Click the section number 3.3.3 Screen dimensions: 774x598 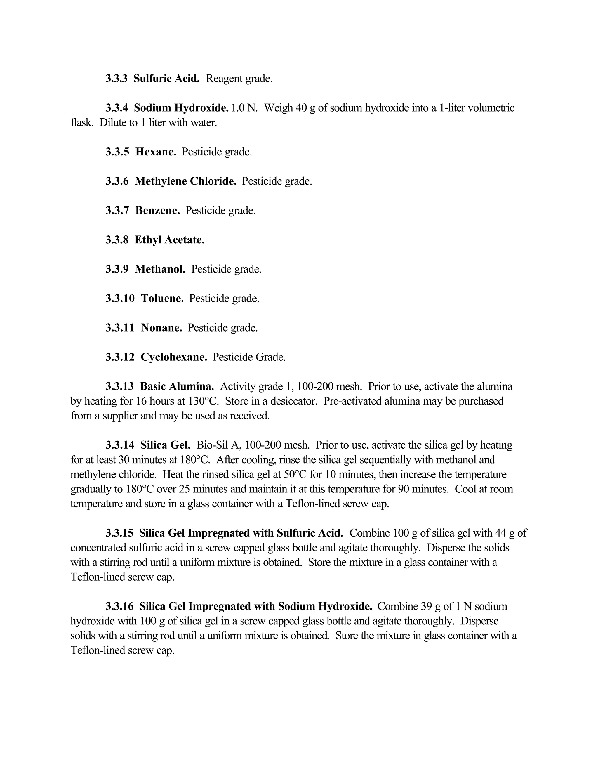[x=116, y=79]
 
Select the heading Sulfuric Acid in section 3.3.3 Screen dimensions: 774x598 [x=166, y=79]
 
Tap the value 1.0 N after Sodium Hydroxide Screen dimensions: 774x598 [x=244, y=108]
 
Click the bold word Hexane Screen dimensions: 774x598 [x=156, y=152]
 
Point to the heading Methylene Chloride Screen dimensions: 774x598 [x=185, y=181]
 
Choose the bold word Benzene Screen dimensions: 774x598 [x=158, y=211]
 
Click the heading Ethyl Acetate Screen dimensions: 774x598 [x=169, y=240]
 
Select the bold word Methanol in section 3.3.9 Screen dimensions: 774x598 [x=160, y=269]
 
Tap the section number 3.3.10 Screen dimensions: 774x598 [x=120, y=299]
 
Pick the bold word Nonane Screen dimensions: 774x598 [x=161, y=328]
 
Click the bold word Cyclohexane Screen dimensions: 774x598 [x=174, y=357]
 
